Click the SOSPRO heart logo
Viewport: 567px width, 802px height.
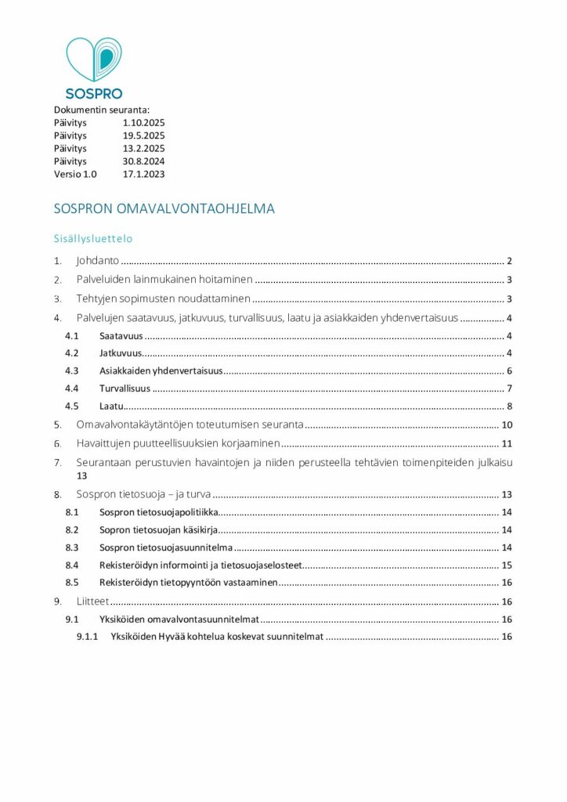pos(94,60)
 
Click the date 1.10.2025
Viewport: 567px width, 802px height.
pos(143,123)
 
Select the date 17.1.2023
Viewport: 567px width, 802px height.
pos(143,174)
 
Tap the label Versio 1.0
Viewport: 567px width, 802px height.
pos(75,174)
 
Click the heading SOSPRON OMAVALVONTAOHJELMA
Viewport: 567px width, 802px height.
pos(164,209)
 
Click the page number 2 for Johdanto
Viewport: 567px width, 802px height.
pos(508,261)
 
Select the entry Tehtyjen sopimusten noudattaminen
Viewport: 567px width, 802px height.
pos(163,298)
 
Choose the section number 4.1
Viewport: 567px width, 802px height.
pos(72,336)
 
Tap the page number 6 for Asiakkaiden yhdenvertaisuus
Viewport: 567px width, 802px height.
pos(508,370)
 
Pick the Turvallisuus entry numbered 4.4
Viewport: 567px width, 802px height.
pos(125,388)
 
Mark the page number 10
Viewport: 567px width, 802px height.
pos(506,425)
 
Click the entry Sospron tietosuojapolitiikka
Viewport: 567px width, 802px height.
pos(157,512)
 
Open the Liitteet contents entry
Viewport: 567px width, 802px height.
pos(92,601)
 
